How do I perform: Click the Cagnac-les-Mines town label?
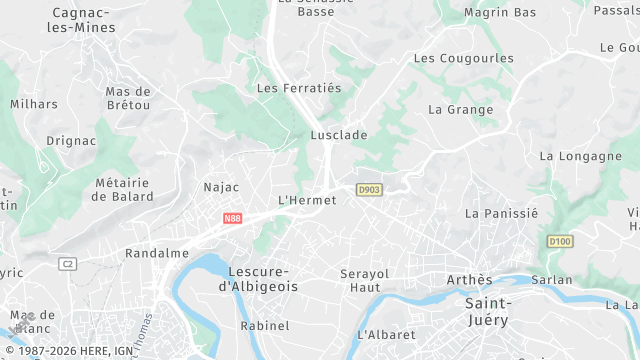(x=81, y=20)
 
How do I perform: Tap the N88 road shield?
(x=232, y=218)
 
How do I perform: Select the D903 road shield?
(x=369, y=189)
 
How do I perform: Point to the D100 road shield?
(x=560, y=242)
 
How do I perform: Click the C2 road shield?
(x=68, y=264)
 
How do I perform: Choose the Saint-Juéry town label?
(x=487, y=312)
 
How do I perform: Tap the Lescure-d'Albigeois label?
(x=258, y=279)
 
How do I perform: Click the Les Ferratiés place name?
(x=299, y=88)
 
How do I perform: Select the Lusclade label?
(x=339, y=134)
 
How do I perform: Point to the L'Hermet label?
(x=306, y=200)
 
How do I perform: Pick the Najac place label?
(x=221, y=187)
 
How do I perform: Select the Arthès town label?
(x=469, y=280)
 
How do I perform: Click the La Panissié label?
(x=502, y=213)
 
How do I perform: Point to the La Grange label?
(x=460, y=110)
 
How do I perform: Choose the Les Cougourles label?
(x=464, y=58)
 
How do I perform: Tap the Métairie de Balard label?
(x=122, y=190)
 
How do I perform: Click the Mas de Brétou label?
(x=128, y=98)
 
